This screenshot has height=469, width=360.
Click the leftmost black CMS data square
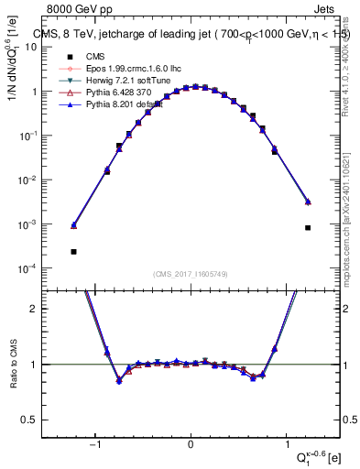(73, 251)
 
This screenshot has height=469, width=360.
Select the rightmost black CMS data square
(308, 228)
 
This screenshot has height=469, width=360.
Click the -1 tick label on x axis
(94, 447)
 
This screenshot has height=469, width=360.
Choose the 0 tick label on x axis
(191, 447)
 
